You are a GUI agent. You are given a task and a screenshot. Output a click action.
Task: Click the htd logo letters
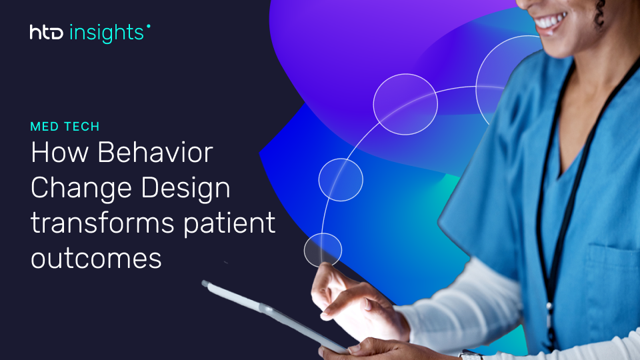point(47,32)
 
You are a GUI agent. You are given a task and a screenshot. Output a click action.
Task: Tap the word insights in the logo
point(106,31)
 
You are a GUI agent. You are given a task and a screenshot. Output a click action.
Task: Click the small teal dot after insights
point(148,27)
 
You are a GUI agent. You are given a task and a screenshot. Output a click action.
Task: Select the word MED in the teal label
point(45,126)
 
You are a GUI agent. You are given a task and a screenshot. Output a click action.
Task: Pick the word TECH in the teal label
point(82,126)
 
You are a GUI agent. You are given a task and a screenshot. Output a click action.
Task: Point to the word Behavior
point(155,154)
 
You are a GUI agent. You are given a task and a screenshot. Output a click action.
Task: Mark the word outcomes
point(97,258)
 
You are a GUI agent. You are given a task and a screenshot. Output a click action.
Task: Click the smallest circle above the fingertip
point(323,250)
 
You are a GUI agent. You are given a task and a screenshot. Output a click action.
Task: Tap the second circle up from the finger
point(341,179)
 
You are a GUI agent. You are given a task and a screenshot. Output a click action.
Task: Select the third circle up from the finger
point(405,103)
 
